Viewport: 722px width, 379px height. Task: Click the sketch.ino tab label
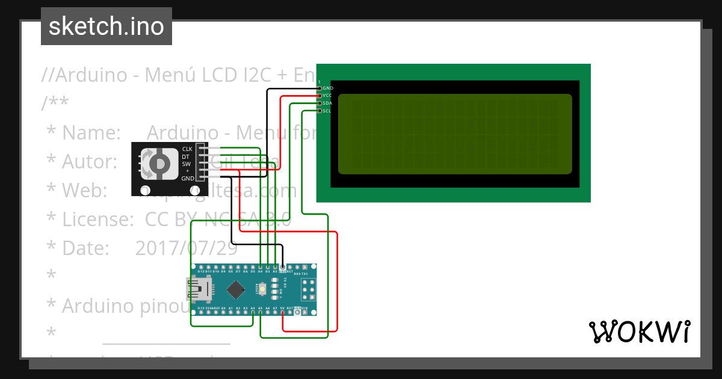tap(106, 26)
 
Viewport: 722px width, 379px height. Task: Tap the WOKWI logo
tap(639, 331)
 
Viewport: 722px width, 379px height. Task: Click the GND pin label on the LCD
tap(328, 88)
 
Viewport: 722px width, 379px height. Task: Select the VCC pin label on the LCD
tap(327, 95)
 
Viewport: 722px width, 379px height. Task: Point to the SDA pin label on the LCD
tap(327, 103)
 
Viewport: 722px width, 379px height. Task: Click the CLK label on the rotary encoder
tap(187, 149)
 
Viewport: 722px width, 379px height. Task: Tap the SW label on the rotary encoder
tap(187, 164)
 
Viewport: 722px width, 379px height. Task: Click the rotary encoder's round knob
tap(159, 163)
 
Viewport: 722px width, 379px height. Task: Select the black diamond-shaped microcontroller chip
tap(235, 291)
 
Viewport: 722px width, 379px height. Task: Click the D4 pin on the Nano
tap(260, 266)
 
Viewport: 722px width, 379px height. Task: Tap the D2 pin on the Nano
tap(275, 266)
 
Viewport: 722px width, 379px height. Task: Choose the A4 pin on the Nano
tap(253, 313)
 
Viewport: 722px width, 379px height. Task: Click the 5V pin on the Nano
tap(282, 313)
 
